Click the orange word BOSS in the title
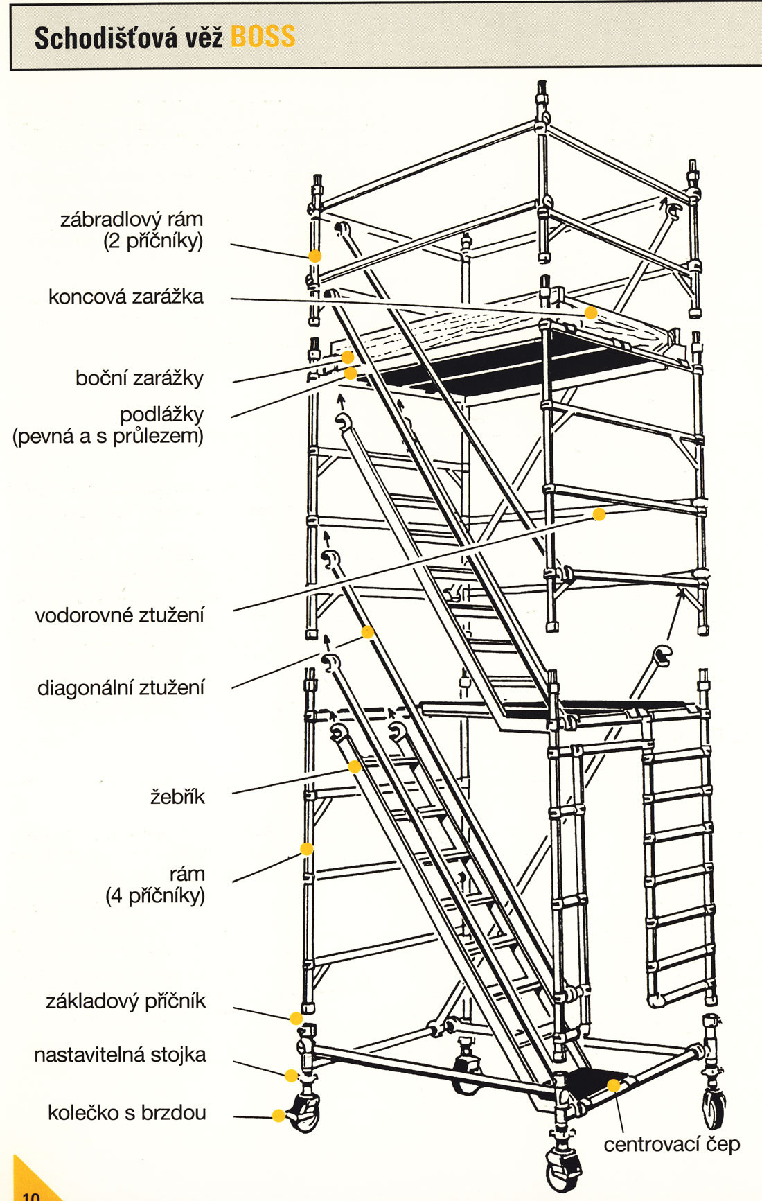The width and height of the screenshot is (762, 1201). coord(263,37)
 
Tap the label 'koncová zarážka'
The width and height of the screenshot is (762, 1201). coord(126,297)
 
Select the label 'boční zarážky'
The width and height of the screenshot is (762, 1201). coord(139,378)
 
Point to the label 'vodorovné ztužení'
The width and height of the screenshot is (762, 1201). coord(120,615)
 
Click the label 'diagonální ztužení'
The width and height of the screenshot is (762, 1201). coord(121,688)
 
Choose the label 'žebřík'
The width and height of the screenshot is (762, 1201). coord(178,796)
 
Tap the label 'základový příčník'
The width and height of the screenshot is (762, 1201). coord(126,1001)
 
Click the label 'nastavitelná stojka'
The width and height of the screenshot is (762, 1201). coord(120,1055)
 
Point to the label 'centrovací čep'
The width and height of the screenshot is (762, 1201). coord(671,1144)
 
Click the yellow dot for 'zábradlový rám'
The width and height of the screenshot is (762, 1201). coord(314,256)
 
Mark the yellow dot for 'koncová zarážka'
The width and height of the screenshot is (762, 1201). coord(591,313)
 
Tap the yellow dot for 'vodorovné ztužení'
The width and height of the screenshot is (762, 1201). coord(599,514)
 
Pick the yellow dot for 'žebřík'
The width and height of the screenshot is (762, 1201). coord(355,766)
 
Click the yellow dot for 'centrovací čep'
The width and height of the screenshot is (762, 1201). coord(613,1085)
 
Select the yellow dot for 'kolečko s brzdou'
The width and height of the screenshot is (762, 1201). coord(278,1115)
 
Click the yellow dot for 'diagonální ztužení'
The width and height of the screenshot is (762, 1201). coord(368,632)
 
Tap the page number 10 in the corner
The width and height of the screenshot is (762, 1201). coord(31,1194)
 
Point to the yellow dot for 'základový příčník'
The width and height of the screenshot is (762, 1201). coord(296,1018)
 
